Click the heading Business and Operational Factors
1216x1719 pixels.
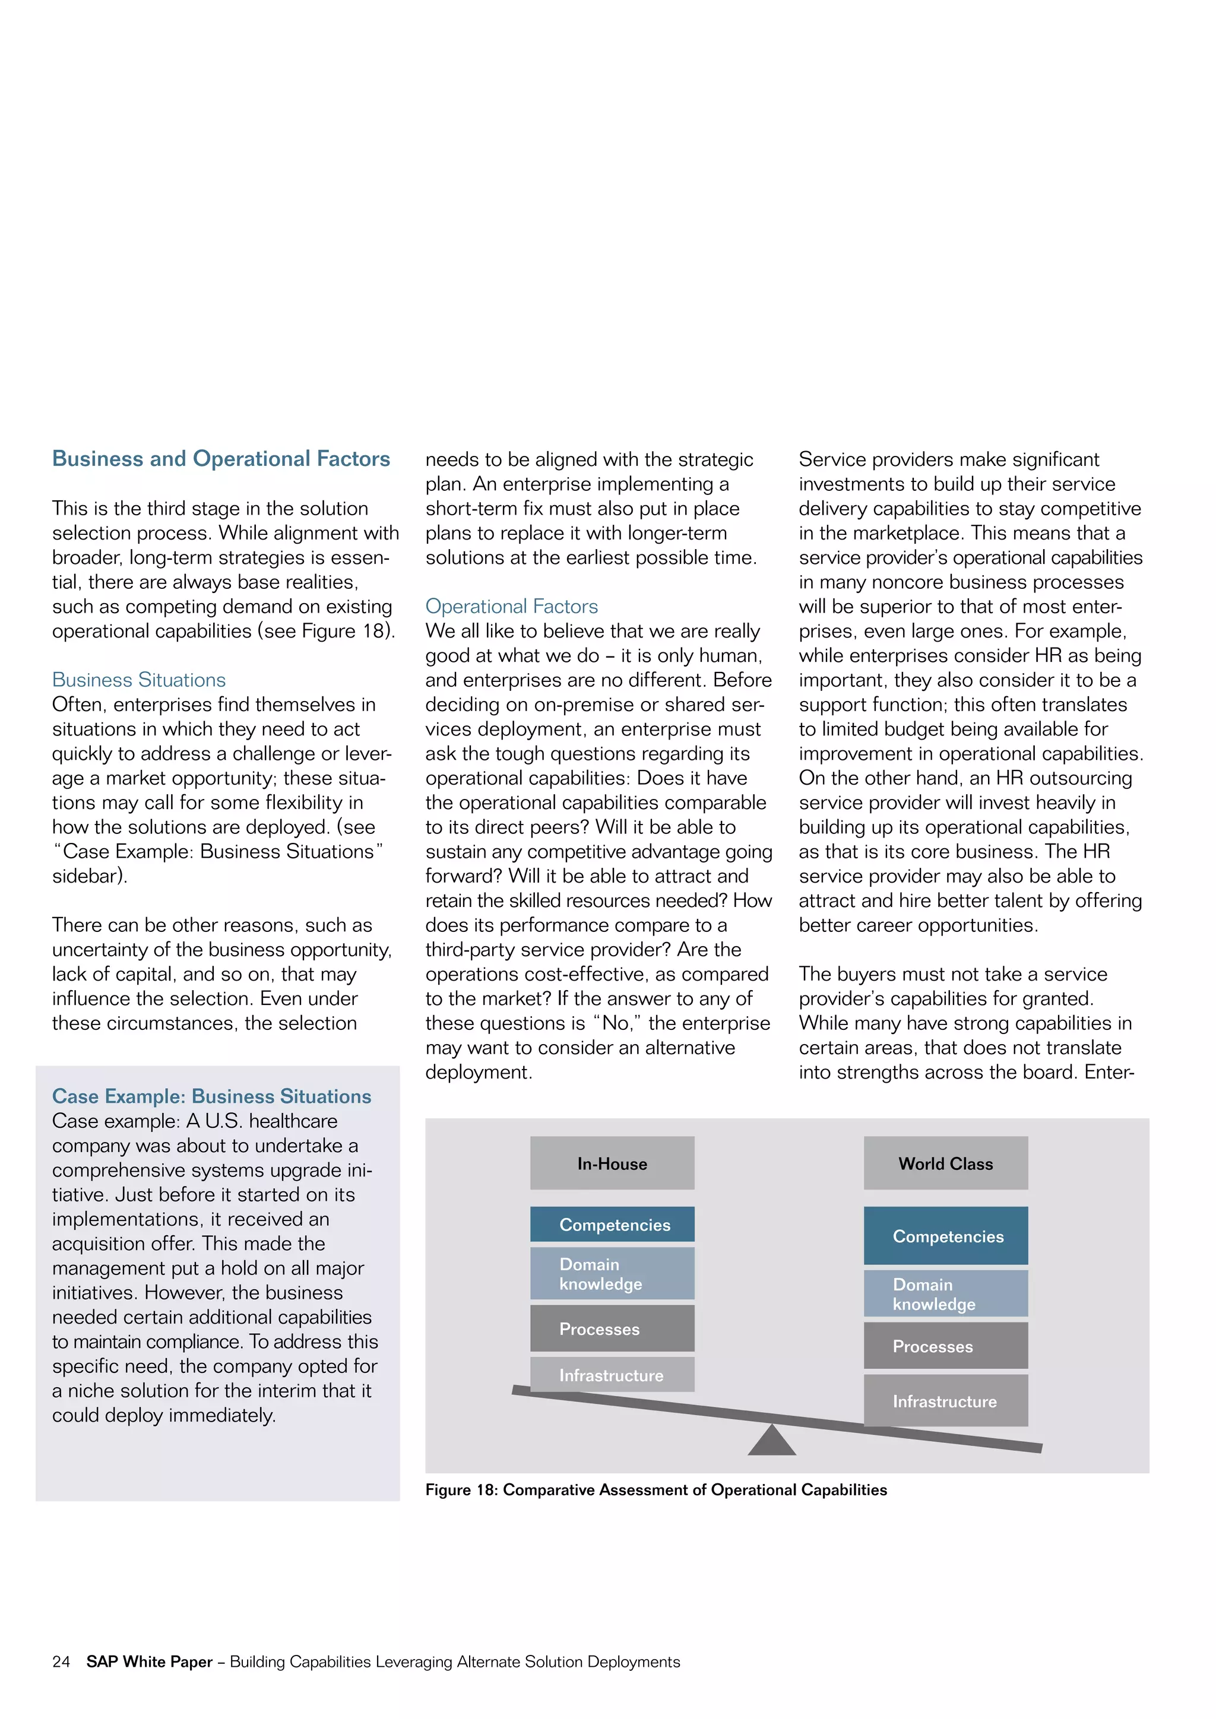point(221,458)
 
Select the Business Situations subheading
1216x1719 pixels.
point(138,680)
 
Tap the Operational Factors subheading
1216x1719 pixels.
point(511,607)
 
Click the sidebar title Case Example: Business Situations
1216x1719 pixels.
point(211,1096)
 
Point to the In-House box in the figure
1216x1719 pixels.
point(612,1163)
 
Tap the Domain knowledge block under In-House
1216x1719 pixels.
point(612,1274)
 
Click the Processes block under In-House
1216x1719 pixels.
point(612,1329)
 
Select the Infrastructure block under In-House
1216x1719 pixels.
point(612,1375)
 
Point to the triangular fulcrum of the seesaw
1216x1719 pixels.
point(771,1442)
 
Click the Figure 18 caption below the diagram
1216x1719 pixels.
point(656,1490)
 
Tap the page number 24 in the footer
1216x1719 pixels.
point(61,1662)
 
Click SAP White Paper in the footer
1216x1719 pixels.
point(149,1662)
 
